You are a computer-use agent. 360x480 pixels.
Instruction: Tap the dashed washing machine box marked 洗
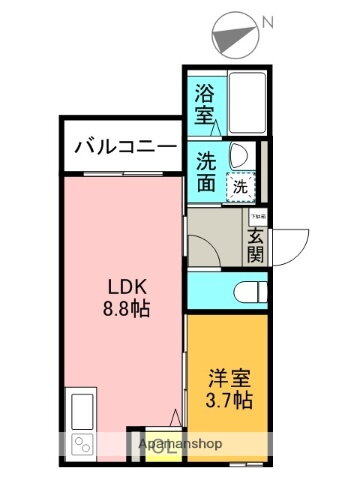[x=240, y=185]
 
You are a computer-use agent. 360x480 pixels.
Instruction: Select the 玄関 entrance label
[x=256, y=244]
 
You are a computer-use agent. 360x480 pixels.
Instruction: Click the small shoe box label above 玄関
[x=257, y=215]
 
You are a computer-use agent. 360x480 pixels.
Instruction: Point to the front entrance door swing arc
[x=287, y=240]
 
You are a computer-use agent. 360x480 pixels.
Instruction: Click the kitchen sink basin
[x=80, y=410]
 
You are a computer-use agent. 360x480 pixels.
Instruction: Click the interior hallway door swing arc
[x=205, y=245]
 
